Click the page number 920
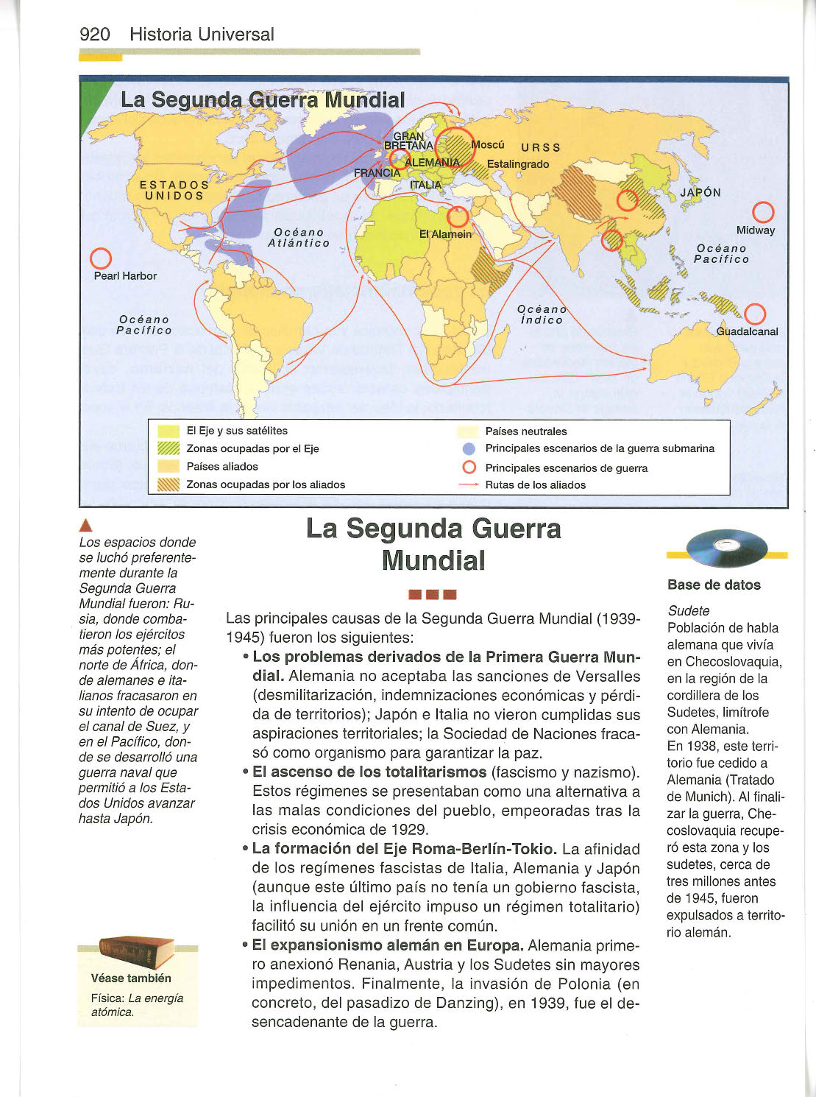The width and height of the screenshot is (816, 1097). (94, 34)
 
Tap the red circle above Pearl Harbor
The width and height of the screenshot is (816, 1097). (100, 259)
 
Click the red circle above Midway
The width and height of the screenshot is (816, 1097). (763, 212)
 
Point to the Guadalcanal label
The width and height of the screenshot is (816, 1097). (747, 331)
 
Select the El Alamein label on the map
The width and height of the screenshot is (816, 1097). (445, 234)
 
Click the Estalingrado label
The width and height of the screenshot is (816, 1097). (518, 163)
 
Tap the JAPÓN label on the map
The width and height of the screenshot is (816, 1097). (700, 192)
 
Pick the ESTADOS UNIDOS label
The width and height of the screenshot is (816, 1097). (174, 190)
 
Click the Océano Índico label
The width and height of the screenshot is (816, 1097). (542, 314)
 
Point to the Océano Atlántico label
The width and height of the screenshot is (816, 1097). (299, 237)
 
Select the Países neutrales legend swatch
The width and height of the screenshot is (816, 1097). (468, 431)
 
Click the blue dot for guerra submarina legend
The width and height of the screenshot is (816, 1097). (468, 448)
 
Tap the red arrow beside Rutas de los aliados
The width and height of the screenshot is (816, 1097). (469, 485)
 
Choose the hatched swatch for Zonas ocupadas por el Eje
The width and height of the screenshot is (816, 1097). (168, 448)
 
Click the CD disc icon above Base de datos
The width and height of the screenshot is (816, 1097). (726, 548)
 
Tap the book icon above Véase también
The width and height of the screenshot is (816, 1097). (137, 951)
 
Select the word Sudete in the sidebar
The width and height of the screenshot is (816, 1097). (688, 610)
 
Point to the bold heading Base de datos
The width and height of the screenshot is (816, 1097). (714, 585)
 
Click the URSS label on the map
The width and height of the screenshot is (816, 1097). (540, 147)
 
